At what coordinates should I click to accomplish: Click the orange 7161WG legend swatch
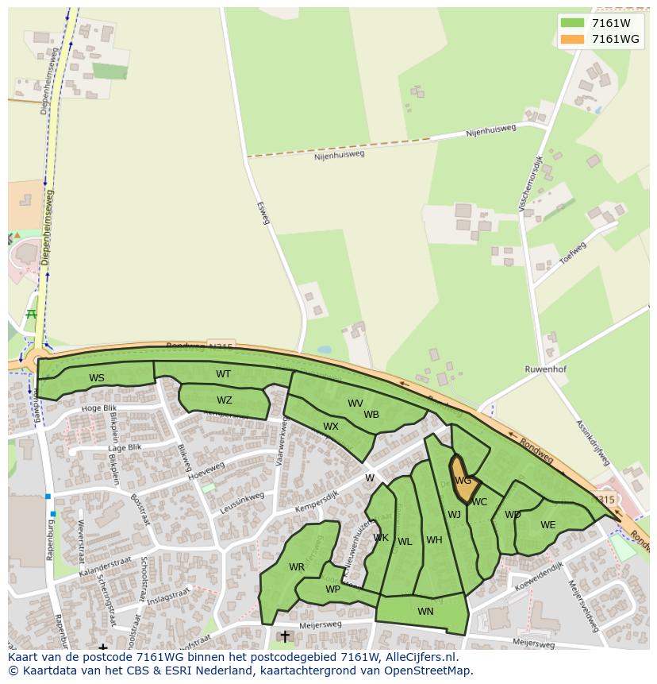[x=571, y=39]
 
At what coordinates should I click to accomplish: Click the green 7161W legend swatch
[x=571, y=23]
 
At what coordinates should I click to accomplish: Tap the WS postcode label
[x=97, y=378]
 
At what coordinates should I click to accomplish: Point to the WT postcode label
[x=224, y=374]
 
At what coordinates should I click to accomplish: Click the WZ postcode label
[x=225, y=400]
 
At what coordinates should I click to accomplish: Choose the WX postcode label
[x=331, y=427]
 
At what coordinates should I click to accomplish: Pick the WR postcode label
[x=297, y=567]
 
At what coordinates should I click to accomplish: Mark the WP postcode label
[x=332, y=589]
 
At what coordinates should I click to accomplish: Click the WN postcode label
[x=425, y=611]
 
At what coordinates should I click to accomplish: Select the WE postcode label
[x=547, y=525]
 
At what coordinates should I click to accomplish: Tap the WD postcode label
[x=513, y=515]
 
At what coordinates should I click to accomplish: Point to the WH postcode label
[x=434, y=540]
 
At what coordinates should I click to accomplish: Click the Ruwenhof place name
[x=545, y=369]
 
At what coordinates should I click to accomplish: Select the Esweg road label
[x=263, y=212]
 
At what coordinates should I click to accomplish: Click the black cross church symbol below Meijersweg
[x=285, y=636]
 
